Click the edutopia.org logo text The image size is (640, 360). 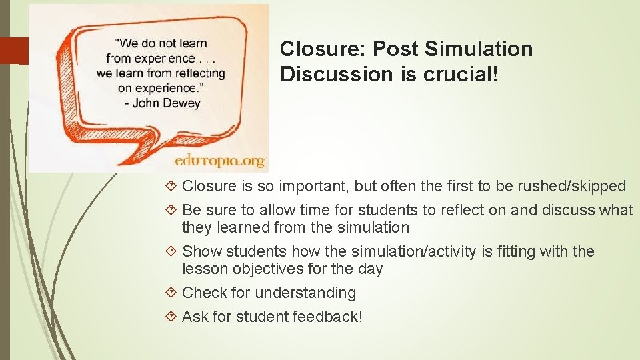(x=219, y=161)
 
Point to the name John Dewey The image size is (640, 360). (x=167, y=103)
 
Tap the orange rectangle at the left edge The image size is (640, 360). (x=15, y=51)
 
